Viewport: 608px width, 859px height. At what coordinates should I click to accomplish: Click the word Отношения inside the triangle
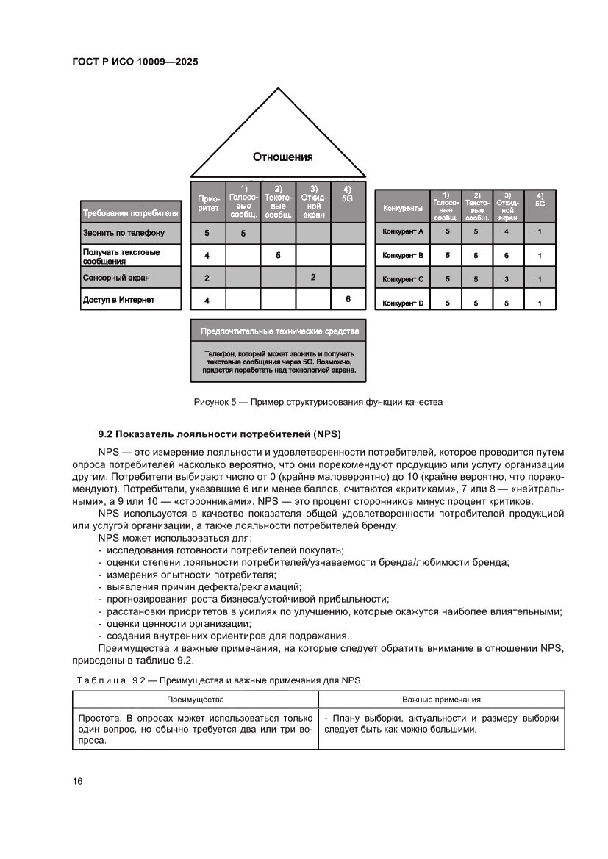click(x=282, y=157)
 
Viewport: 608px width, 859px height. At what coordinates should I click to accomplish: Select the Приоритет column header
click(x=207, y=204)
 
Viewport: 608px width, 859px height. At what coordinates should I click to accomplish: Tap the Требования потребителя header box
click(x=132, y=214)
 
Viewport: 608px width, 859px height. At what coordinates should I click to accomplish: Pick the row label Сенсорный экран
click(x=116, y=278)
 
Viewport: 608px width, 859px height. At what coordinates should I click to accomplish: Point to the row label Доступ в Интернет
click(x=118, y=300)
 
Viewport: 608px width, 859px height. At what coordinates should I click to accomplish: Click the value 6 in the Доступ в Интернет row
click(x=348, y=300)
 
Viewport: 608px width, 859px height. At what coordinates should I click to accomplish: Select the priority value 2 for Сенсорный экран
click(x=207, y=278)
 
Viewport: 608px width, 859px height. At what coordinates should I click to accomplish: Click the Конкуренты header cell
click(x=402, y=209)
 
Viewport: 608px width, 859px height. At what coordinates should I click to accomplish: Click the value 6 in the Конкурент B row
click(x=507, y=256)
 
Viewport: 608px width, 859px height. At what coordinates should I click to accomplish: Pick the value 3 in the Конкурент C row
click(x=507, y=279)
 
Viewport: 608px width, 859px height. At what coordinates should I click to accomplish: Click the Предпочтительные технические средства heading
click(x=278, y=331)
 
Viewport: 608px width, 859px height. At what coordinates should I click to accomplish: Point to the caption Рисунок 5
click(x=318, y=402)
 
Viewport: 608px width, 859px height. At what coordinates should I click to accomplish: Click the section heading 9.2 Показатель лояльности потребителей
click(x=221, y=431)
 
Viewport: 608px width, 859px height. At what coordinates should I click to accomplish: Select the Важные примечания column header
click(x=441, y=700)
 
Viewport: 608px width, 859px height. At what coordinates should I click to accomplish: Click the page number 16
click(x=77, y=781)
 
